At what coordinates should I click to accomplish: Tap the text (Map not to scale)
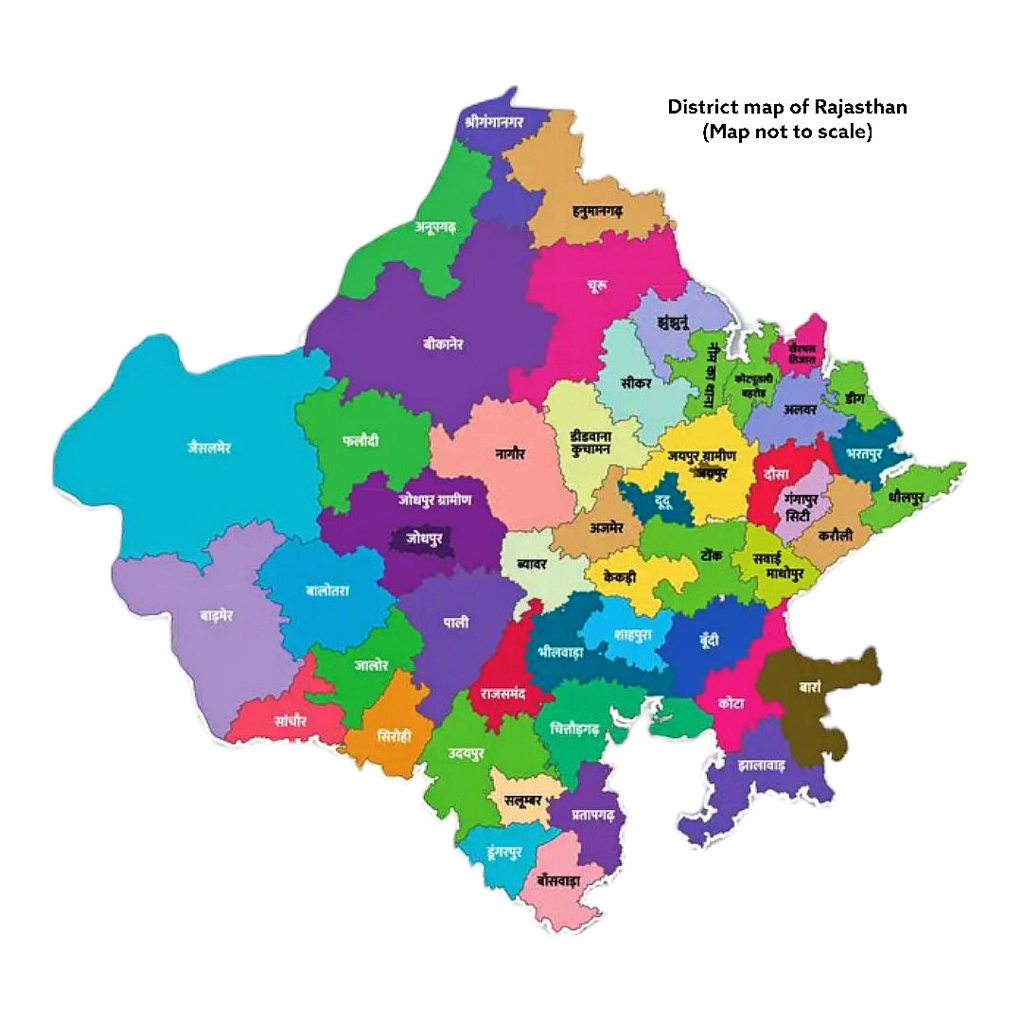[786, 132]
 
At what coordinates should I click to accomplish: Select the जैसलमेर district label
[209, 448]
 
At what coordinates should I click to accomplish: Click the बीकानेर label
[444, 344]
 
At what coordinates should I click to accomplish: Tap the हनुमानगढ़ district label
[585, 210]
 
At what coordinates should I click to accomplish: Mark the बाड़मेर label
[217, 615]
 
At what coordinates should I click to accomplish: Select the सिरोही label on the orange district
[393, 734]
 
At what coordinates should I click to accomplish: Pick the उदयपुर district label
[467, 753]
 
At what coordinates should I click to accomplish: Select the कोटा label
[731, 704]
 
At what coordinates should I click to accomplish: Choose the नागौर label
[510, 453]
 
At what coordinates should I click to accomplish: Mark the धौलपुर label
[906, 497]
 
